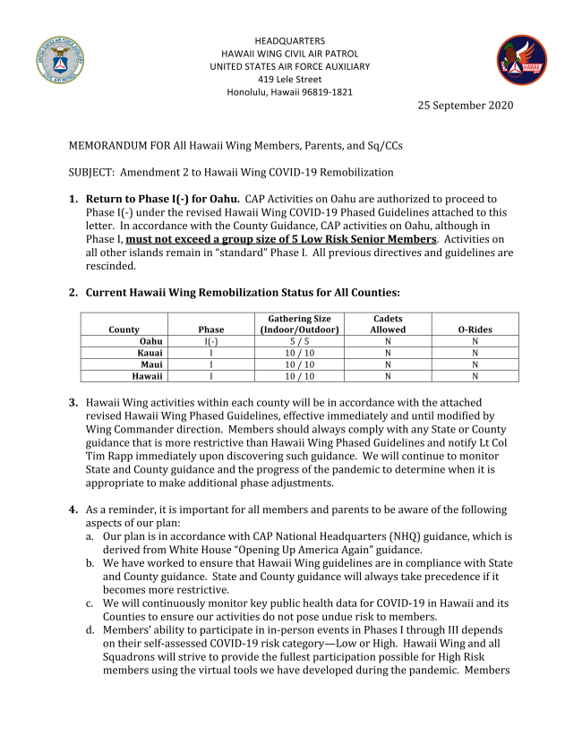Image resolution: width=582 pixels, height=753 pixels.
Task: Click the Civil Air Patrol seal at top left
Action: pos(62,61)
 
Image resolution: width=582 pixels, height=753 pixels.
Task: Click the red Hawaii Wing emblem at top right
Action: pos(521,60)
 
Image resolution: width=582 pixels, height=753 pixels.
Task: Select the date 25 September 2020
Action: pos(466,106)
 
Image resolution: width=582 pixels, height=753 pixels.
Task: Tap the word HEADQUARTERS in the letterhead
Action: pos(289,41)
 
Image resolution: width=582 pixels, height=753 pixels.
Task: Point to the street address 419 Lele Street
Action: pos(289,79)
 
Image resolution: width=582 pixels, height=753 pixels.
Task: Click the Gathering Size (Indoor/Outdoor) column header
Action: pos(299,324)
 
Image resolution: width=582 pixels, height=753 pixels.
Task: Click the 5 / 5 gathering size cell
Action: pos(299,341)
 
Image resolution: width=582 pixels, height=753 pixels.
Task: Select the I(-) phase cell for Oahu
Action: pos(211,341)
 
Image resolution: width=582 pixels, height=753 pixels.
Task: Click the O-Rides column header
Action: pos(475,329)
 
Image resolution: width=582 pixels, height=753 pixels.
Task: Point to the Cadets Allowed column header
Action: pos(388,324)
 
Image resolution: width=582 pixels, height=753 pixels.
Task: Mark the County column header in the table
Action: pos(124,329)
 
